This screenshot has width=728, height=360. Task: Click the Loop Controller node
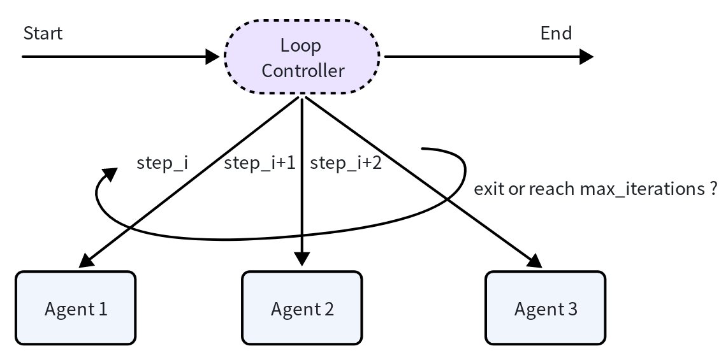point(302,57)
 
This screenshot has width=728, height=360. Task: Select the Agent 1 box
point(76,308)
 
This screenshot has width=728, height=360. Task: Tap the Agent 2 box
point(302,308)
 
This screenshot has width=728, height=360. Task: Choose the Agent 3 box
point(546,308)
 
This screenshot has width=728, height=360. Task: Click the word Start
point(43,33)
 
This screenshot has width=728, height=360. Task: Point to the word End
point(557,33)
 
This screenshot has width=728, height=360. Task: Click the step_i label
point(162,163)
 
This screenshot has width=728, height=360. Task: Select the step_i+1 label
point(259,163)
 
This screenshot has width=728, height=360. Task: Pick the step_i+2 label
point(346,163)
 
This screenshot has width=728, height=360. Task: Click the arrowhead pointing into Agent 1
point(86,260)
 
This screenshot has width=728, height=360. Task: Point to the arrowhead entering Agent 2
point(302,259)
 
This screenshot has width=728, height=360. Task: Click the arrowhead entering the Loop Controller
point(213,57)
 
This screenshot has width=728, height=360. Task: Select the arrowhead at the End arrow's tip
point(587,57)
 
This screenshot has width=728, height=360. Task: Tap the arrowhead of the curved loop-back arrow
point(110,174)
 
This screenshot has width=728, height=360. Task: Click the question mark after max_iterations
point(713,189)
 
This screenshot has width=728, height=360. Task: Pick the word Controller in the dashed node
point(303,71)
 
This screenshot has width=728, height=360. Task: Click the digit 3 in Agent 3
point(572,308)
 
